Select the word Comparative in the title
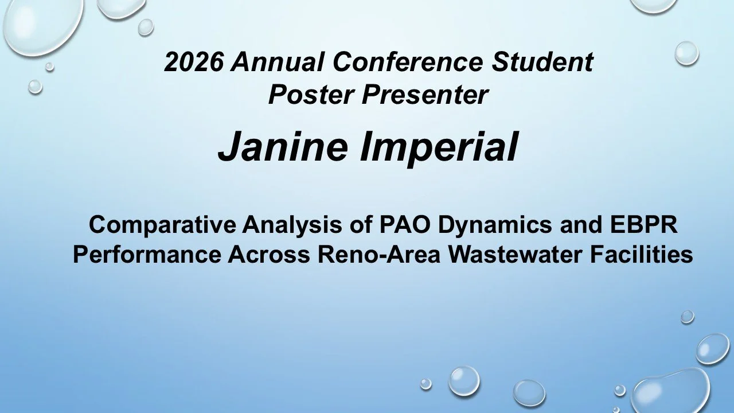tap(162, 225)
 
